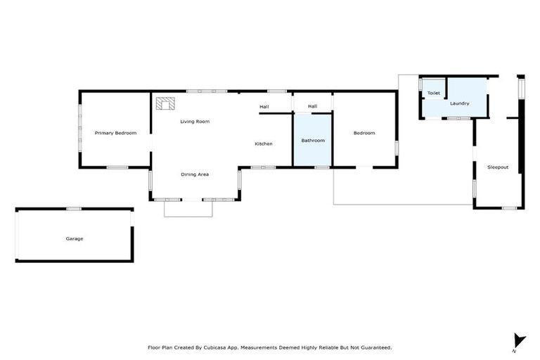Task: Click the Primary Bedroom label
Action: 116,133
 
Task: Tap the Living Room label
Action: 195,122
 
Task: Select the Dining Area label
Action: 195,174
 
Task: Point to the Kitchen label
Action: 264,144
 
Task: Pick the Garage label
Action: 75,238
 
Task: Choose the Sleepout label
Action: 498,167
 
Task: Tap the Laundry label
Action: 460,104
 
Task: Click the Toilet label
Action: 434,93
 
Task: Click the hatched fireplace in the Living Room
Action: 167,104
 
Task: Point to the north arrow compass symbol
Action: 519,340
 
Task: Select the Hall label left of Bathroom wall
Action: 264,107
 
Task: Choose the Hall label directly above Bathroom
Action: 313,107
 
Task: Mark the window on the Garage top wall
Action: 74,209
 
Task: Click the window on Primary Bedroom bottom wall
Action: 117,167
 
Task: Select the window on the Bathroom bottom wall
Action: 323,167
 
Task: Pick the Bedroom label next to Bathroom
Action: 364,133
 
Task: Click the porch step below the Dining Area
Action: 188,209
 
